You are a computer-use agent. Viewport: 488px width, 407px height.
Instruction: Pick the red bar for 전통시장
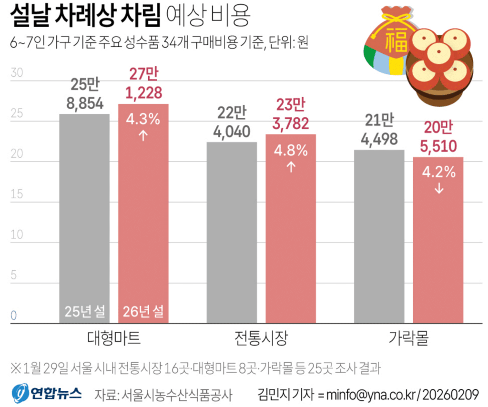[x=290, y=228]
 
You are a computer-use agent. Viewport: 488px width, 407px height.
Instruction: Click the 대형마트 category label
[x=114, y=338]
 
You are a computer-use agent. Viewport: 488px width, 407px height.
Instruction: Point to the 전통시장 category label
[x=261, y=338]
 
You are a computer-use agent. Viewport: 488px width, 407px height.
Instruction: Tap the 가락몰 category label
[x=408, y=338]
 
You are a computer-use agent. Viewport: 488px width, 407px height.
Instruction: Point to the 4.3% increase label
[x=143, y=119]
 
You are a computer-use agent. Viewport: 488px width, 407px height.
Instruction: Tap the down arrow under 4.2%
[x=438, y=188]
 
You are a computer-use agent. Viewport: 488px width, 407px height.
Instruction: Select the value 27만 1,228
[x=143, y=84]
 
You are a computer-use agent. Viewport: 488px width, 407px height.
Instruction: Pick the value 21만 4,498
[x=379, y=130]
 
